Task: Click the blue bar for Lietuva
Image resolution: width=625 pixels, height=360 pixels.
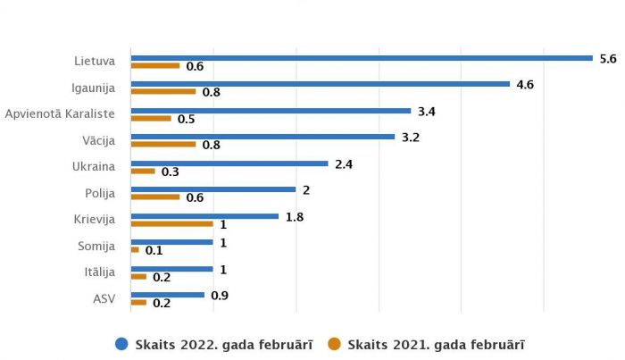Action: coord(362,58)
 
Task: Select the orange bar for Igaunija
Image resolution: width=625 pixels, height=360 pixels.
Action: coord(163,91)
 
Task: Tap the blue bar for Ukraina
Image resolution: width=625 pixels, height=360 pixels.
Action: coord(229,163)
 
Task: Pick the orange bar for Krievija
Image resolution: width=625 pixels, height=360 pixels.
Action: coord(171,223)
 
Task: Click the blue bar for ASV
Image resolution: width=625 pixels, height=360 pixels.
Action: coord(168,295)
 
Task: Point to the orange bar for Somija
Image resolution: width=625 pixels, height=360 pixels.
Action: coord(135,250)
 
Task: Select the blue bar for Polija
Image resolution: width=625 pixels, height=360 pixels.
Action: coord(213,189)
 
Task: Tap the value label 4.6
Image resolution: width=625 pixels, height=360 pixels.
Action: coord(526,84)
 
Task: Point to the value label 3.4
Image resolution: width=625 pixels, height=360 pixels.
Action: coord(427,111)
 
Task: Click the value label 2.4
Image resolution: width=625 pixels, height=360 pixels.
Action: coord(345,163)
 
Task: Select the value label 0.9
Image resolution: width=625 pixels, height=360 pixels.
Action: coord(220,295)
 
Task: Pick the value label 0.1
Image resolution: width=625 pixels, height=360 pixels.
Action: coord(154,251)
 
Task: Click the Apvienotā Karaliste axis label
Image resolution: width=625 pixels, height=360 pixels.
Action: coord(60,113)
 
